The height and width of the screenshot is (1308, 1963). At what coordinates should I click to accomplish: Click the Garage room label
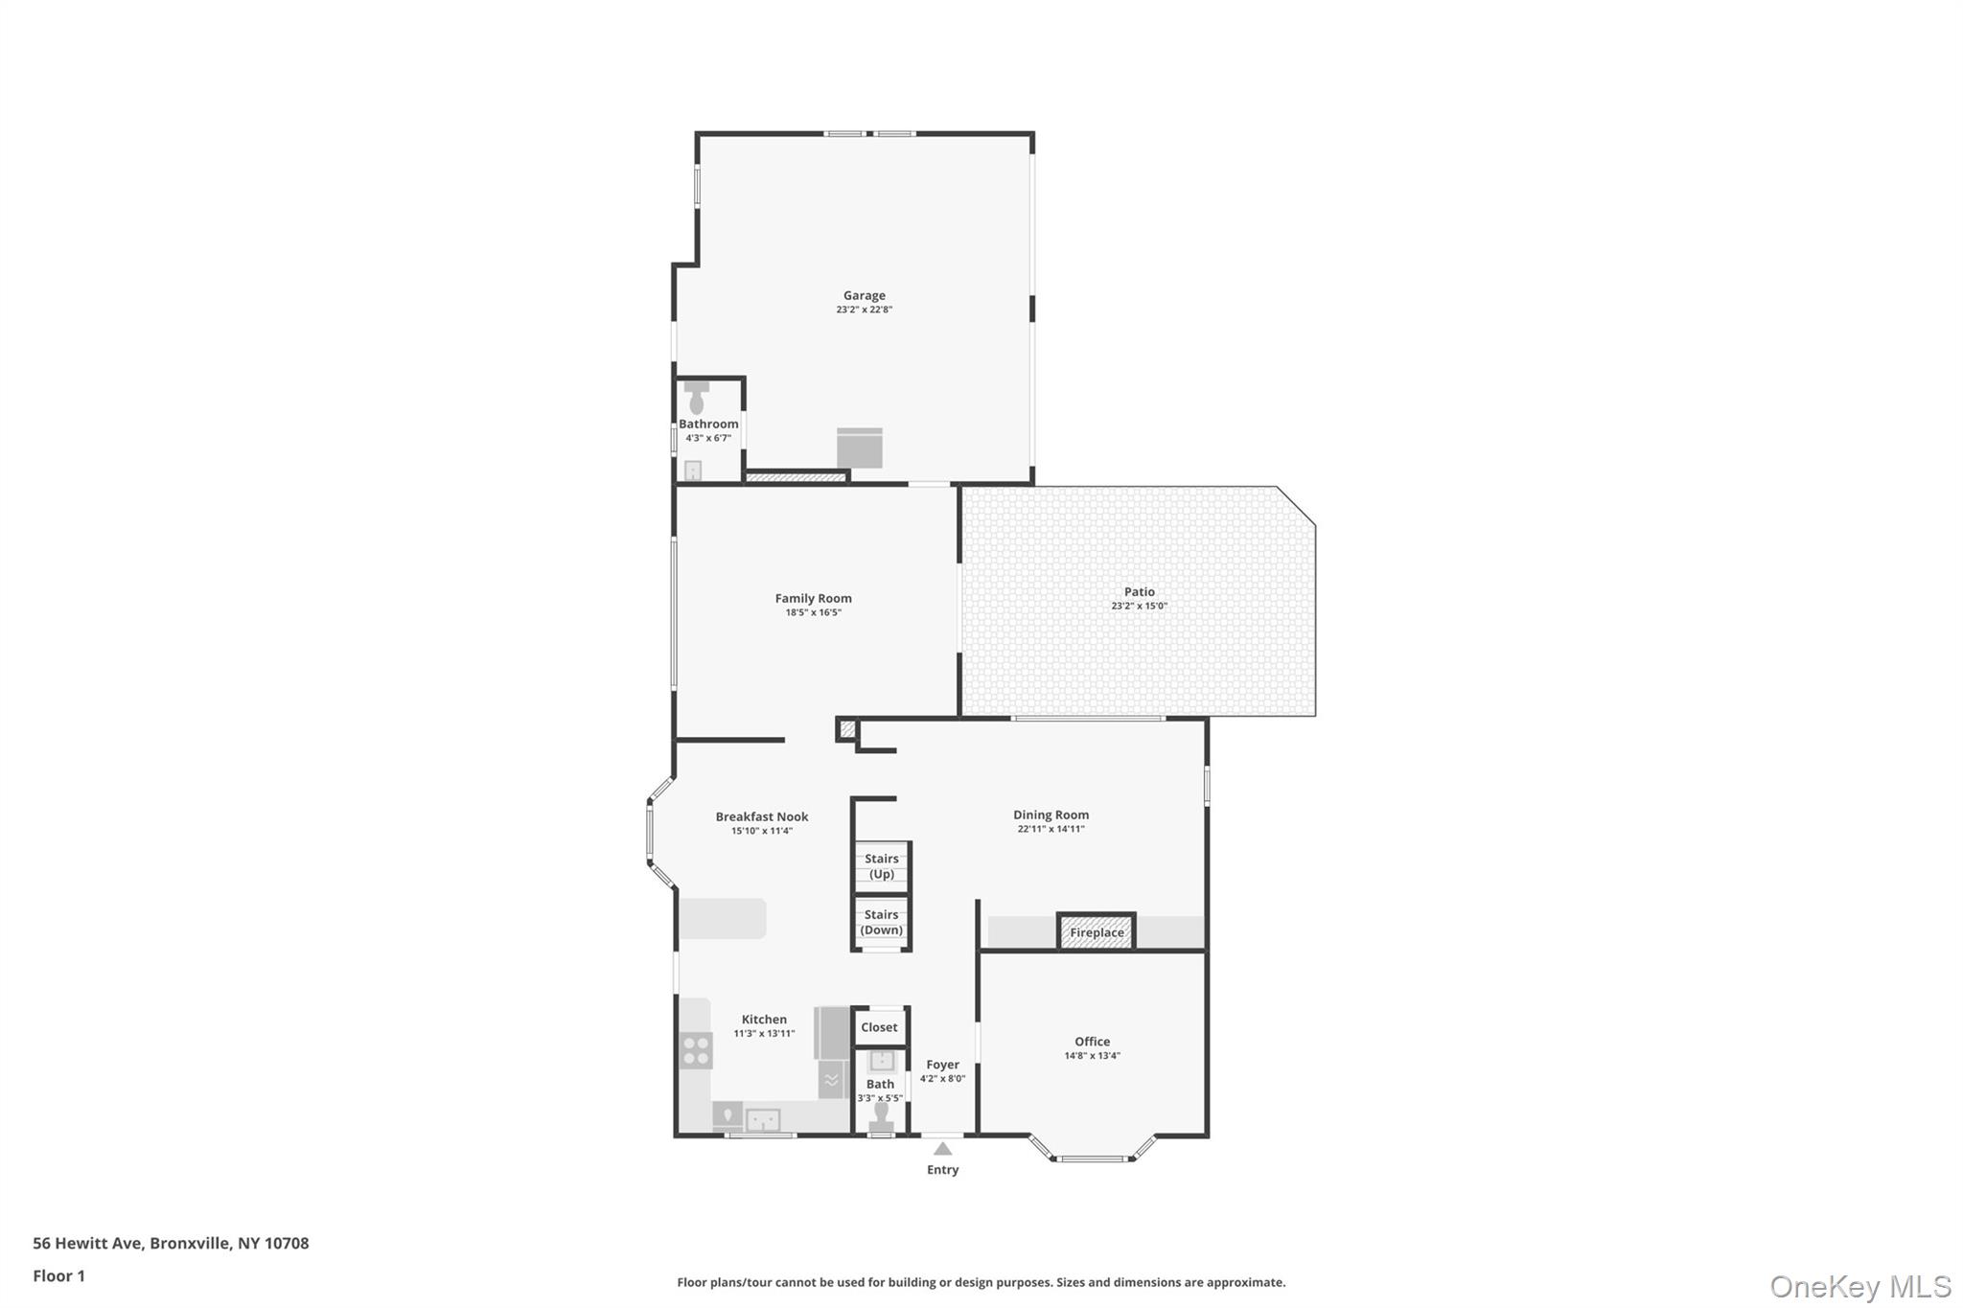pyautogui.click(x=864, y=296)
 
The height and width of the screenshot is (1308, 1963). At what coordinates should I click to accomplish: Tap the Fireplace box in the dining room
pyautogui.click(x=1097, y=932)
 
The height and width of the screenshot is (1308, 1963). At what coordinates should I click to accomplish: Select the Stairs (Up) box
pyautogui.click(x=881, y=866)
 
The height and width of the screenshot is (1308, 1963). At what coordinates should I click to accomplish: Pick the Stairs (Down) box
pyautogui.click(x=881, y=922)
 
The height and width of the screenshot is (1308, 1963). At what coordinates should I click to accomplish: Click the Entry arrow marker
pyautogui.click(x=943, y=1148)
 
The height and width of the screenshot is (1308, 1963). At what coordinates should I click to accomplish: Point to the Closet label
pyautogui.click(x=879, y=1027)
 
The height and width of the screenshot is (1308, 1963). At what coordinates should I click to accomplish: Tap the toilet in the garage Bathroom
pyautogui.click(x=697, y=398)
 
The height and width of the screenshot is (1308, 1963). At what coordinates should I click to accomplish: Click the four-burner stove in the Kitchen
pyautogui.click(x=696, y=1050)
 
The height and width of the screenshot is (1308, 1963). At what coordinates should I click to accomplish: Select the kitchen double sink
pyautogui.click(x=763, y=1119)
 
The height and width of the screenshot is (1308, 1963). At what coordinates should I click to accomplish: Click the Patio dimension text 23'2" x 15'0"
pyautogui.click(x=1139, y=607)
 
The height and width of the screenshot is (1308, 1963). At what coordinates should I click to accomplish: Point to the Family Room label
pyautogui.click(x=813, y=599)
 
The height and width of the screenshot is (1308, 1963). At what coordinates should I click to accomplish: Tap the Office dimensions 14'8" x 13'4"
pyautogui.click(x=1092, y=1056)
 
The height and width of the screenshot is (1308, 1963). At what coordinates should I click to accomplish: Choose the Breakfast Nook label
pyautogui.click(x=762, y=817)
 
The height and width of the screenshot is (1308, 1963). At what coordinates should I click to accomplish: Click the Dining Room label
pyautogui.click(x=1051, y=815)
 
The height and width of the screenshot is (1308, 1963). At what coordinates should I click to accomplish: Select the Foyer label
pyautogui.click(x=942, y=1065)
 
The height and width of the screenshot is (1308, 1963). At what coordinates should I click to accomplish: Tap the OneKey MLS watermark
pyautogui.click(x=1859, y=1286)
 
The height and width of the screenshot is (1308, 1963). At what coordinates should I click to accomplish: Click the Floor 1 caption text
pyautogui.click(x=59, y=1275)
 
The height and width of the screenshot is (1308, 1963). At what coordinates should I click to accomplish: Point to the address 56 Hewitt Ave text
pyautogui.click(x=171, y=1243)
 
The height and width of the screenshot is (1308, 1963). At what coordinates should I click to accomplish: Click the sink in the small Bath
pyautogui.click(x=881, y=1061)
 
